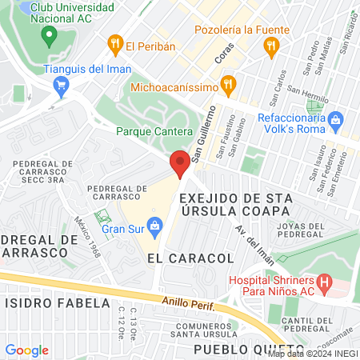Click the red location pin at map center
tap(180, 164)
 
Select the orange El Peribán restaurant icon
tap(115, 45)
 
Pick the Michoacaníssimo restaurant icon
tap(229, 84)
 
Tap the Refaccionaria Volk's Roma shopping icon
tap(335, 122)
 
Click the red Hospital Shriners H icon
tap(324, 282)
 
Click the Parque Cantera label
tap(154, 131)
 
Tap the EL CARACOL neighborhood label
tap(190, 259)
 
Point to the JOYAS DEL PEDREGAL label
tap(304, 227)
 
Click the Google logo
tap(26, 350)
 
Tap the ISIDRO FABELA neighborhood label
tap(58, 304)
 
